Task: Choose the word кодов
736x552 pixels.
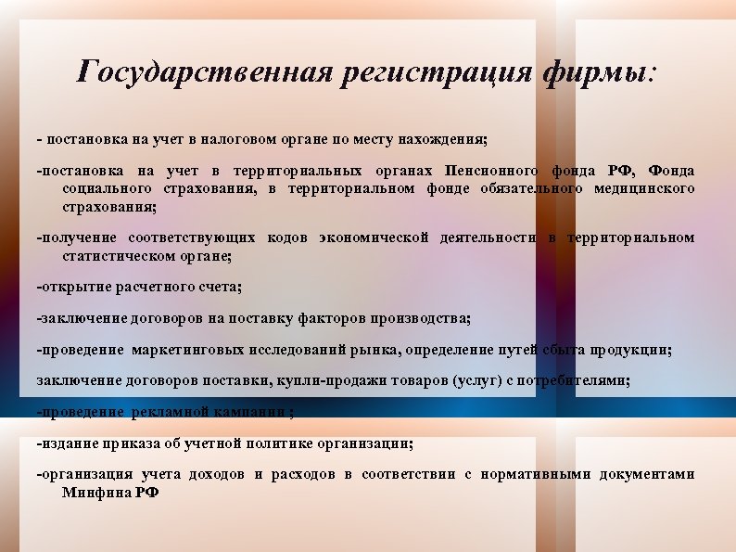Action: point(287,237)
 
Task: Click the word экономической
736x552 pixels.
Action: point(374,237)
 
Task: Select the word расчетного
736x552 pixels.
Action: point(145,287)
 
